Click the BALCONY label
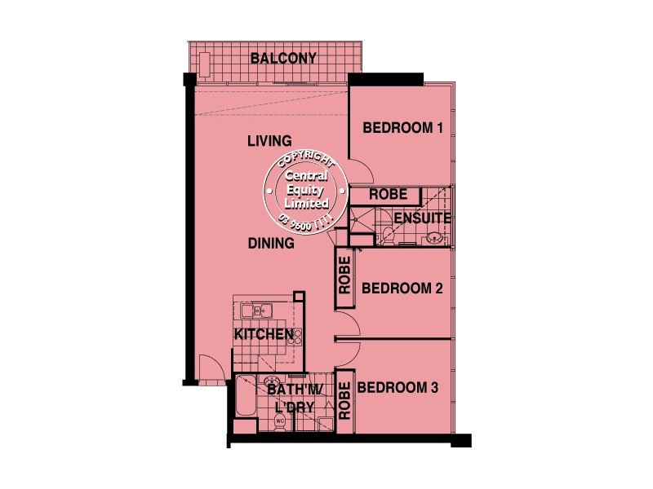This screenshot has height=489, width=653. click(x=283, y=58)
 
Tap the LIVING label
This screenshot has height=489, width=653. click(x=269, y=142)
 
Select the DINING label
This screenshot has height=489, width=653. click(x=271, y=243)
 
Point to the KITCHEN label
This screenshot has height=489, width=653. click(x=264, y=334)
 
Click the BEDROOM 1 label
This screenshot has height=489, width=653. click(x=402, y=128)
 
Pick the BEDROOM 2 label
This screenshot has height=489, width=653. click(x=402, y=288)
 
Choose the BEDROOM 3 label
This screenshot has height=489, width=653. click(x=398, y=388)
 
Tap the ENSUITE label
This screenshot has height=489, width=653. click(x=423, y=218)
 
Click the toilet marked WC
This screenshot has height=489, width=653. click(x=279, y=421)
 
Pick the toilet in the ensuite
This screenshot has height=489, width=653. click(x=385, y=236)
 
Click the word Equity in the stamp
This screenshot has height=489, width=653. click(x=305, y=189)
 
